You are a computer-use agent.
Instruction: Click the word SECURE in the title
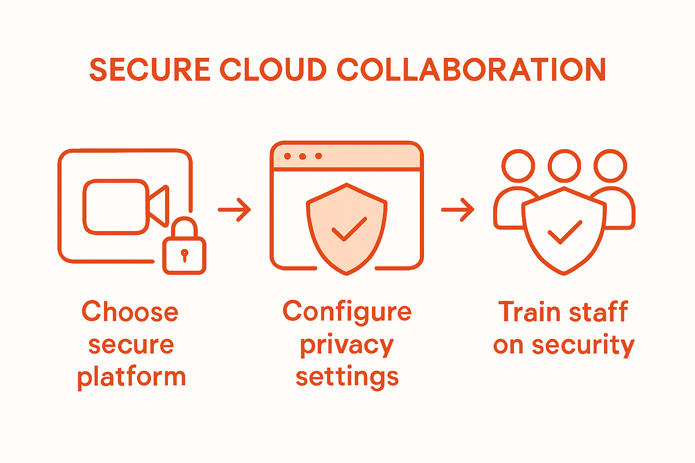pyautogui.click(x=150, y=70)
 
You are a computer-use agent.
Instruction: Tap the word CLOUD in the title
pyautogui.click(x=273, y=70)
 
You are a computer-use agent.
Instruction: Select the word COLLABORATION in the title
pyautogui.click(x=471, y=70)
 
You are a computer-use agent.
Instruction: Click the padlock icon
pyautogui.click(x=184, y=247)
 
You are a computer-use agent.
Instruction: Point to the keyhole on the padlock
pyautogui.click(x=184, y=255)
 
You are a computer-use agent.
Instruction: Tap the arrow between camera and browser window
pyautogui.click(x=234, y=210)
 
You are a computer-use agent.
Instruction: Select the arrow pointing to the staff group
pyautogui.click(x=457, y=210)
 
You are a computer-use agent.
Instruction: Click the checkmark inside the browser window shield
pyautogui.click(x=349, y=229)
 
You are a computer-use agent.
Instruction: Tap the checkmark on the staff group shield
pyautogui.click(x=564, y=232)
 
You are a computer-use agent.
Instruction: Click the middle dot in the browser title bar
pyautogui.click(x=303, y=156)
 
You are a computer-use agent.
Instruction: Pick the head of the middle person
pyautogui.click(x=564, y=165)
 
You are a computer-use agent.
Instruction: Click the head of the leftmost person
pyautogui.click(x=518, y=165)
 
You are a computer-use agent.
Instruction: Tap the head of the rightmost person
pyautogui.click(x=610, y=165)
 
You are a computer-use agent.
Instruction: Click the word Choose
pyautogui.click(x=130, y=312)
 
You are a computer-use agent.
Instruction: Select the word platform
pyautogui.click(x=132, y=378)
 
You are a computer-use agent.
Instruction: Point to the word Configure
pyautogui.click(x=347, y=312)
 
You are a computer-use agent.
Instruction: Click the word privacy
pyautogui.click(x=347, y=346)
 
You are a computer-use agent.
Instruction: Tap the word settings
pyautogui.click(x=347, y=378)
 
